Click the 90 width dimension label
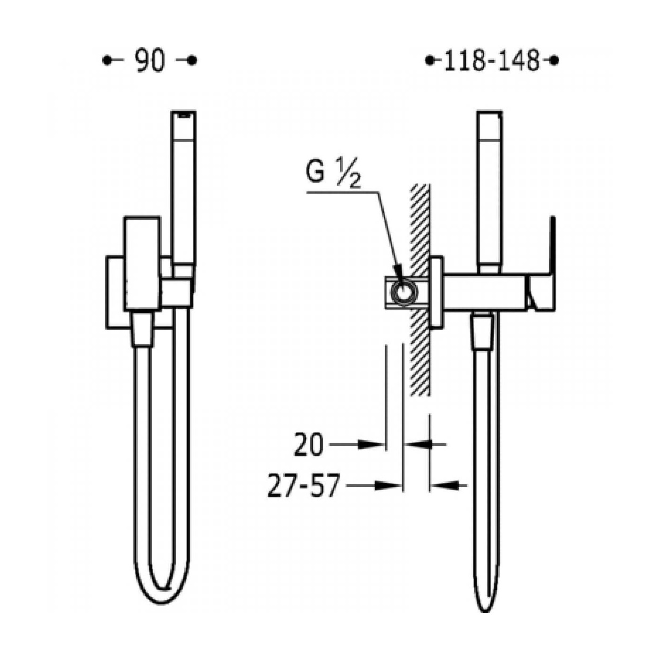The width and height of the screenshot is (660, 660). pyautogui.click(x=149, y=61)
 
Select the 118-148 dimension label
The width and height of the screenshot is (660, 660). pyautogui.click(x=492, y=61)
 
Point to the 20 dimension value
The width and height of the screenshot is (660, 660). pyautogui.click(x=309, y=445)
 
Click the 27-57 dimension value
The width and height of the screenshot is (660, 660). pyautogui.click(x=304, y=485)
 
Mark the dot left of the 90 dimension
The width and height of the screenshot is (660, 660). pyautogui.click(x=107, y=61)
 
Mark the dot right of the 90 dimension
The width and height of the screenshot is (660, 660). pyautogui.click(x=192, y=61)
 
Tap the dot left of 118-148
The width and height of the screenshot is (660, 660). pyautogui.click(x=429, y=61)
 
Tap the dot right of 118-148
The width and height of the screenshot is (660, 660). pyautogui.click(x=554, y=61)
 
